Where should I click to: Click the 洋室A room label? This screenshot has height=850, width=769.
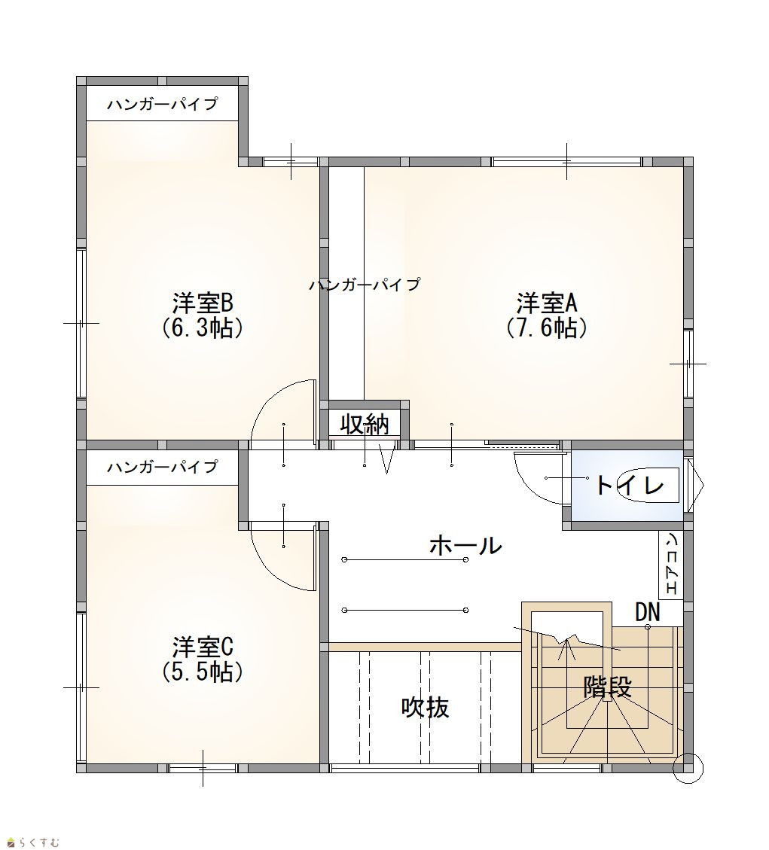click(546, 303)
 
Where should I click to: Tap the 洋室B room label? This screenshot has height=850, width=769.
click(203, 303)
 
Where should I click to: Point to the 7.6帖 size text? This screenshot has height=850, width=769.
click(546, 328)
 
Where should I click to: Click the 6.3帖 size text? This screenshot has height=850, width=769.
click(203, 328)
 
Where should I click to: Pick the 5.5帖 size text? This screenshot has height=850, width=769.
click(203, 672)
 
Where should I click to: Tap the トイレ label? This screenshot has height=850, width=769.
click(629, 485)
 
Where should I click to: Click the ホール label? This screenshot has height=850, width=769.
click(465, 545)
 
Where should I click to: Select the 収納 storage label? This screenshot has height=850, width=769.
click(365, 424)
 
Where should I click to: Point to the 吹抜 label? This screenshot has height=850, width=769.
click(426, 707)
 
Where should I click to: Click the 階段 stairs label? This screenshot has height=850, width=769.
click(607, 687)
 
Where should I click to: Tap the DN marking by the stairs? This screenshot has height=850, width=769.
click(648, 613)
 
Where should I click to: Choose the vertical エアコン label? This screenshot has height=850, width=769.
click(671, 565)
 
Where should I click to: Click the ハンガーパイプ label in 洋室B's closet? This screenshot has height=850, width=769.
click(162, 104)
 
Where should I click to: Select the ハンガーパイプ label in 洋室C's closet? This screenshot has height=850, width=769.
click(162, 466)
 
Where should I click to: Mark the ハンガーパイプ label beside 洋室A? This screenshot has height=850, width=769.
click(365, 284)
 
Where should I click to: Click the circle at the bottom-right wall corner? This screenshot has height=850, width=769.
click(688, 768)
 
